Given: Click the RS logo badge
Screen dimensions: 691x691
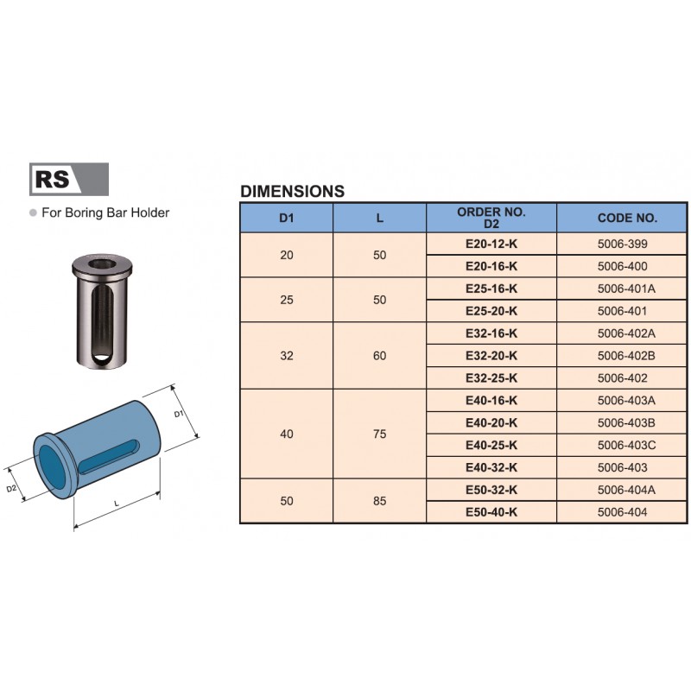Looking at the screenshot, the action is pos(69,179).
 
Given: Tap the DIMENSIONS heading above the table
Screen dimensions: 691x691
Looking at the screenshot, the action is pos(292,191).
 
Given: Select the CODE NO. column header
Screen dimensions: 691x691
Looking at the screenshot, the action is pos(627,218).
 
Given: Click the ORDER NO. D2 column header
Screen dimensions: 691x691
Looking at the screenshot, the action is pos(491,218).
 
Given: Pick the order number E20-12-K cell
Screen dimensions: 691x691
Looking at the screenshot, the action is pos(491,244).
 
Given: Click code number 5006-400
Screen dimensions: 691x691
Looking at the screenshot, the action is pos(622,266).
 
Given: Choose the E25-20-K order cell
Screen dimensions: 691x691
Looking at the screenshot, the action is pos(491,311).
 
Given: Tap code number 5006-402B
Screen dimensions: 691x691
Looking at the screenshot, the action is pos(626,356).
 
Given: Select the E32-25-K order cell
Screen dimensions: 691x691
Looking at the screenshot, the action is pos(491,378).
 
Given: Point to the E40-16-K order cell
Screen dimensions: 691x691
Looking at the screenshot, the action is pos(491,401).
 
